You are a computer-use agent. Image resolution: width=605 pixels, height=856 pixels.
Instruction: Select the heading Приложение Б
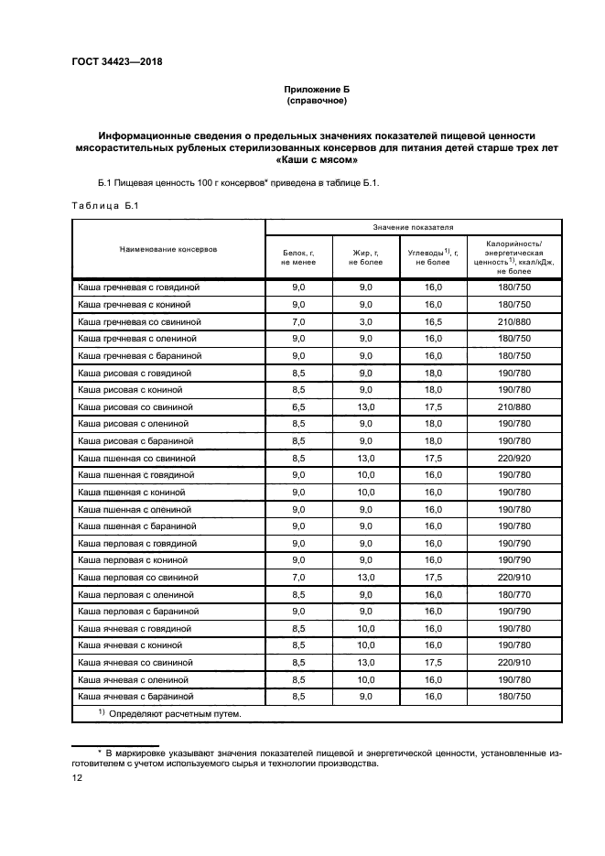click(x=317, y=89)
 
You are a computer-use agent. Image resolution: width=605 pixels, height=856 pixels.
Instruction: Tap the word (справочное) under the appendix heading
click(x=317, y=101)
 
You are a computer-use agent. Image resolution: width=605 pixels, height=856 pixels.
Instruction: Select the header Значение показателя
click(x=413, y=225)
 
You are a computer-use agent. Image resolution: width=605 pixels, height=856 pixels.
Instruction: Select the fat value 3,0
click(x=365, y=321)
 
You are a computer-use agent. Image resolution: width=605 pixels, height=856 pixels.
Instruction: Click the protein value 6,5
click(x=297, y=406)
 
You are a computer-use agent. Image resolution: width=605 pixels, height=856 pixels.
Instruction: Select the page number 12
click(x=78, y=777)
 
